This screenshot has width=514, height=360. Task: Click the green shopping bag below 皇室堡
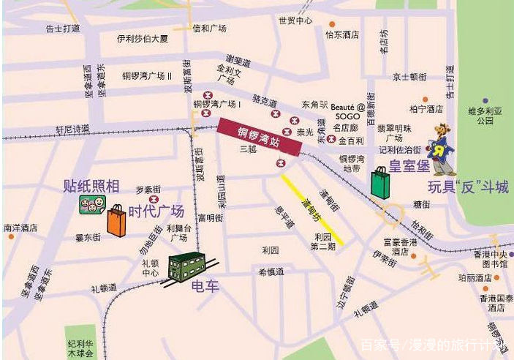[x=381, y=182]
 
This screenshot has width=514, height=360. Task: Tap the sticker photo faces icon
[x=91, y=205]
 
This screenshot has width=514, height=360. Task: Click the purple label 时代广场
[x=156, y=211]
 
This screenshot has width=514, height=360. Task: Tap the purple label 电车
[x=205, y=286]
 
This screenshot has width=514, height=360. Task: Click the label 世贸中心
[x=295, y=20]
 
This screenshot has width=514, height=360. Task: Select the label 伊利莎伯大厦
[x=143, y=38]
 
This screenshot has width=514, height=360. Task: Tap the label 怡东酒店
[x=342, y=34]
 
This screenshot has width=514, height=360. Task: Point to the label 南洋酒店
[x=20, y=228]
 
